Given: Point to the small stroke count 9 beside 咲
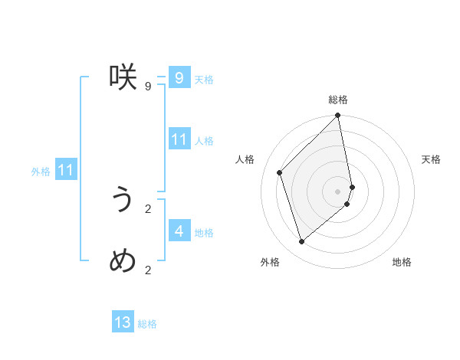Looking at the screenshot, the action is [x=147, y=86].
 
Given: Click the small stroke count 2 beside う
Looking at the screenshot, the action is [x=147, y=208].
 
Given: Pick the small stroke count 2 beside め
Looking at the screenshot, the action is [x=147, y=270].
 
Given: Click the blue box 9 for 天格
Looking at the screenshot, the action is [x=179, y=77].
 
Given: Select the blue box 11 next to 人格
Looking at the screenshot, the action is [x=179, y=139].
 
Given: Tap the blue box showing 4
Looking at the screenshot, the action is [x=179, y=231].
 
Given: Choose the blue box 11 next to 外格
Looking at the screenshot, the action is [x=65, y=171].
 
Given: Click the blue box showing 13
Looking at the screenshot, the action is [x=123, y=322].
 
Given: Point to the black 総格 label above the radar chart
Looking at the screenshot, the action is [x=338, y=100].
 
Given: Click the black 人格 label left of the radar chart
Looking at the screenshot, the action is [x=245, y=159].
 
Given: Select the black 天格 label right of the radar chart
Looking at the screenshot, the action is [x=431, y=159].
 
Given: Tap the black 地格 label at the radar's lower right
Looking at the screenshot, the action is [x=402, y=262].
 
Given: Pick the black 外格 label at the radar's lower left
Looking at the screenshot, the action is [x=270, y=262].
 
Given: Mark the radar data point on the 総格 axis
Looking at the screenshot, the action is [x=338, y=116].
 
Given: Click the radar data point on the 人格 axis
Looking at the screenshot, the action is [x=280, y=172].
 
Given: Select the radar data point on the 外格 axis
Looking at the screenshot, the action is [x=302, y=241].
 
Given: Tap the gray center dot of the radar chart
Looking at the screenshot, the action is [x=338, y=191].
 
